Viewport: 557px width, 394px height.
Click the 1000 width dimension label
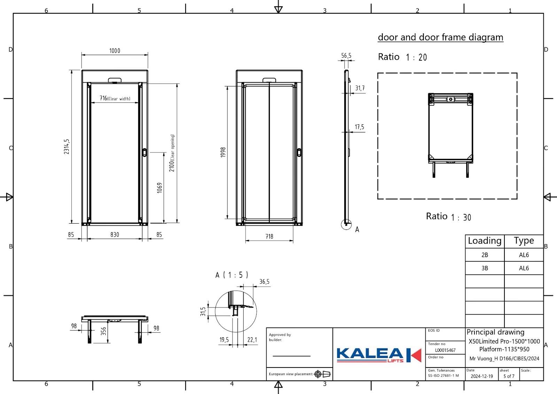click(x=115, y=51)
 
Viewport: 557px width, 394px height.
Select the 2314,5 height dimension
click(x=66, y=147)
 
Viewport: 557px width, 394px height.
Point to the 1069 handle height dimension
click(x=160, y=188)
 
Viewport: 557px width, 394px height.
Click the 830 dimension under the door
click(x=115, y=234)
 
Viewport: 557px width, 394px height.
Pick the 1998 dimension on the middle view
click(x=223, y=152)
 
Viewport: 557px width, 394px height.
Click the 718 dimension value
click(x=269, y=236)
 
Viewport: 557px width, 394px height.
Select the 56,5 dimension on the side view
click(x=346, y=55)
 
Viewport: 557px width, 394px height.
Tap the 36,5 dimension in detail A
click(x=264, y=281)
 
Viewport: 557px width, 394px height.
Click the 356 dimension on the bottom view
click(x=103, y=331)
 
